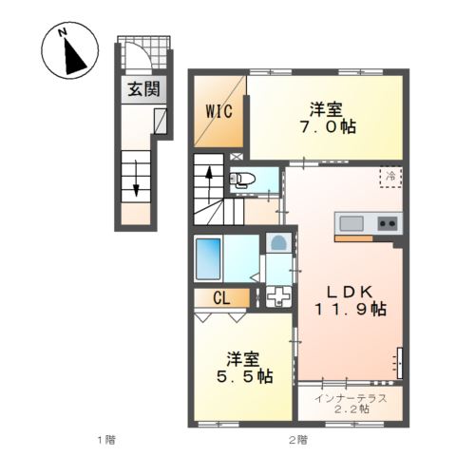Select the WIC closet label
point(219,109)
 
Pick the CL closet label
point(220,298)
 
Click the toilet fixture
point(243,179)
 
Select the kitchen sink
point(351,224)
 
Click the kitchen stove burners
point(388,224)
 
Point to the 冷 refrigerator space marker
point(389,175)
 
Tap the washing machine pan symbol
point(279,296)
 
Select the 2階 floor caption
point(297,440)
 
